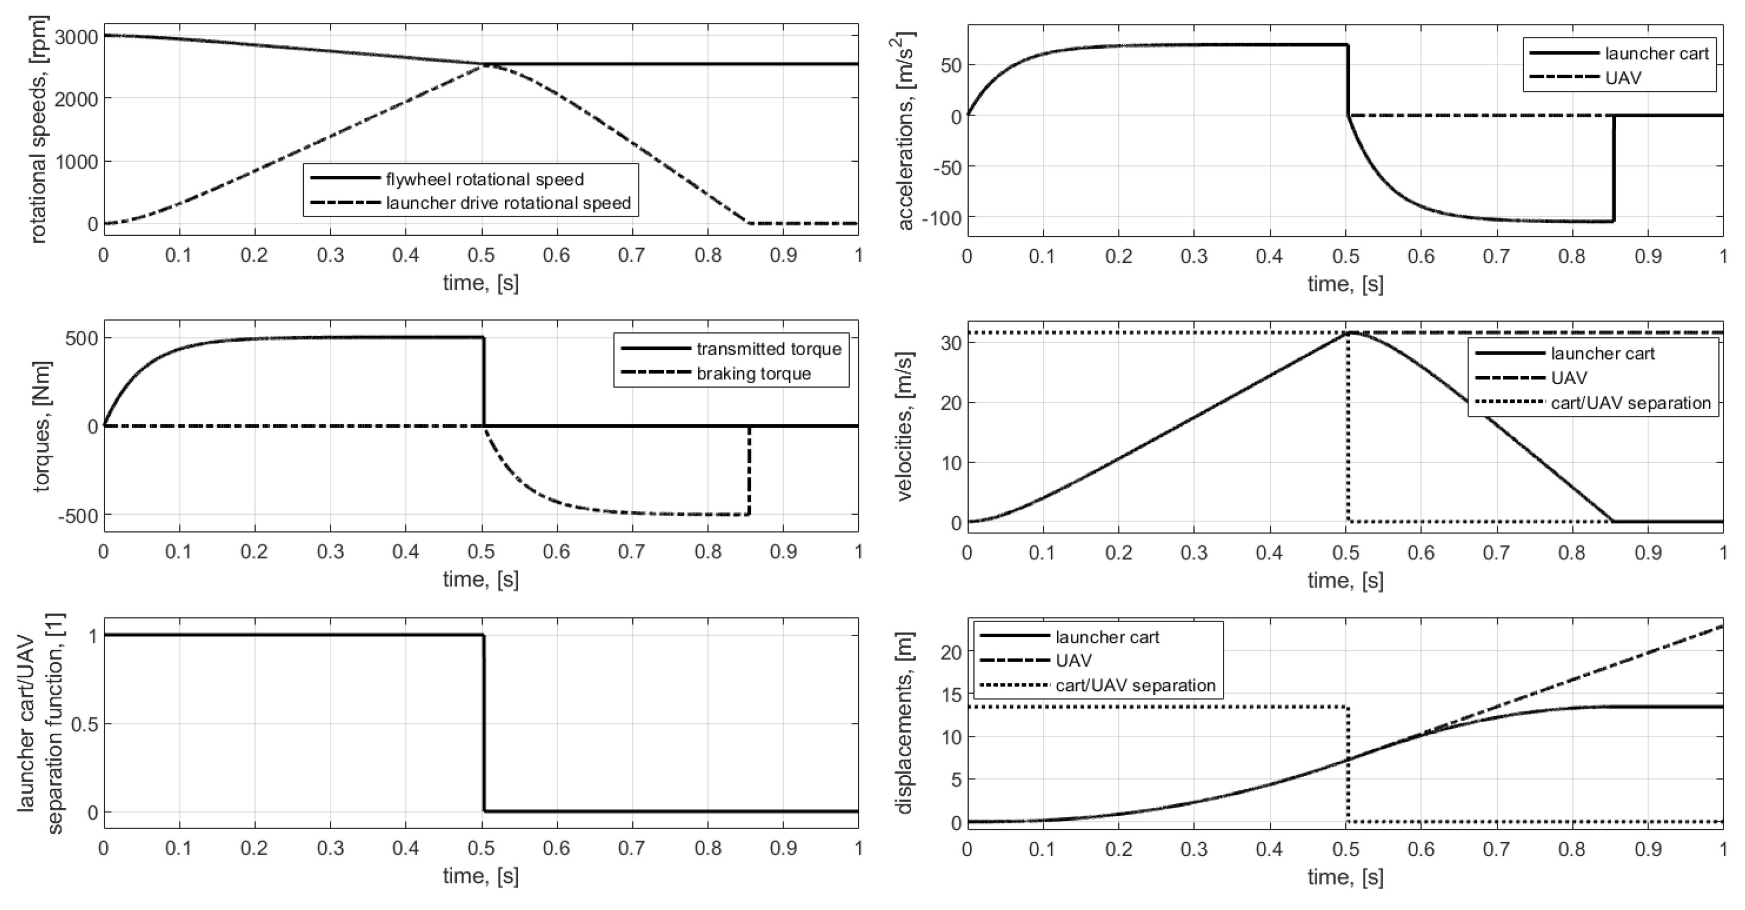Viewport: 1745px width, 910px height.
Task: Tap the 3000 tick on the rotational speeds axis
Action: (76, 37)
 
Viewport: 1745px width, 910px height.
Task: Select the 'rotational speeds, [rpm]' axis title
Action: (39, 130)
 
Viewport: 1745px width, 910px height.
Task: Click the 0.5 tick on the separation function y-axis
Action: (82, 724)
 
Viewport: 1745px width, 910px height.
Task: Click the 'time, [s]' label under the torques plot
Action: (480, 580)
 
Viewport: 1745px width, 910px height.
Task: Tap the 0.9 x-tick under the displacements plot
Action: (1648, 849)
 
